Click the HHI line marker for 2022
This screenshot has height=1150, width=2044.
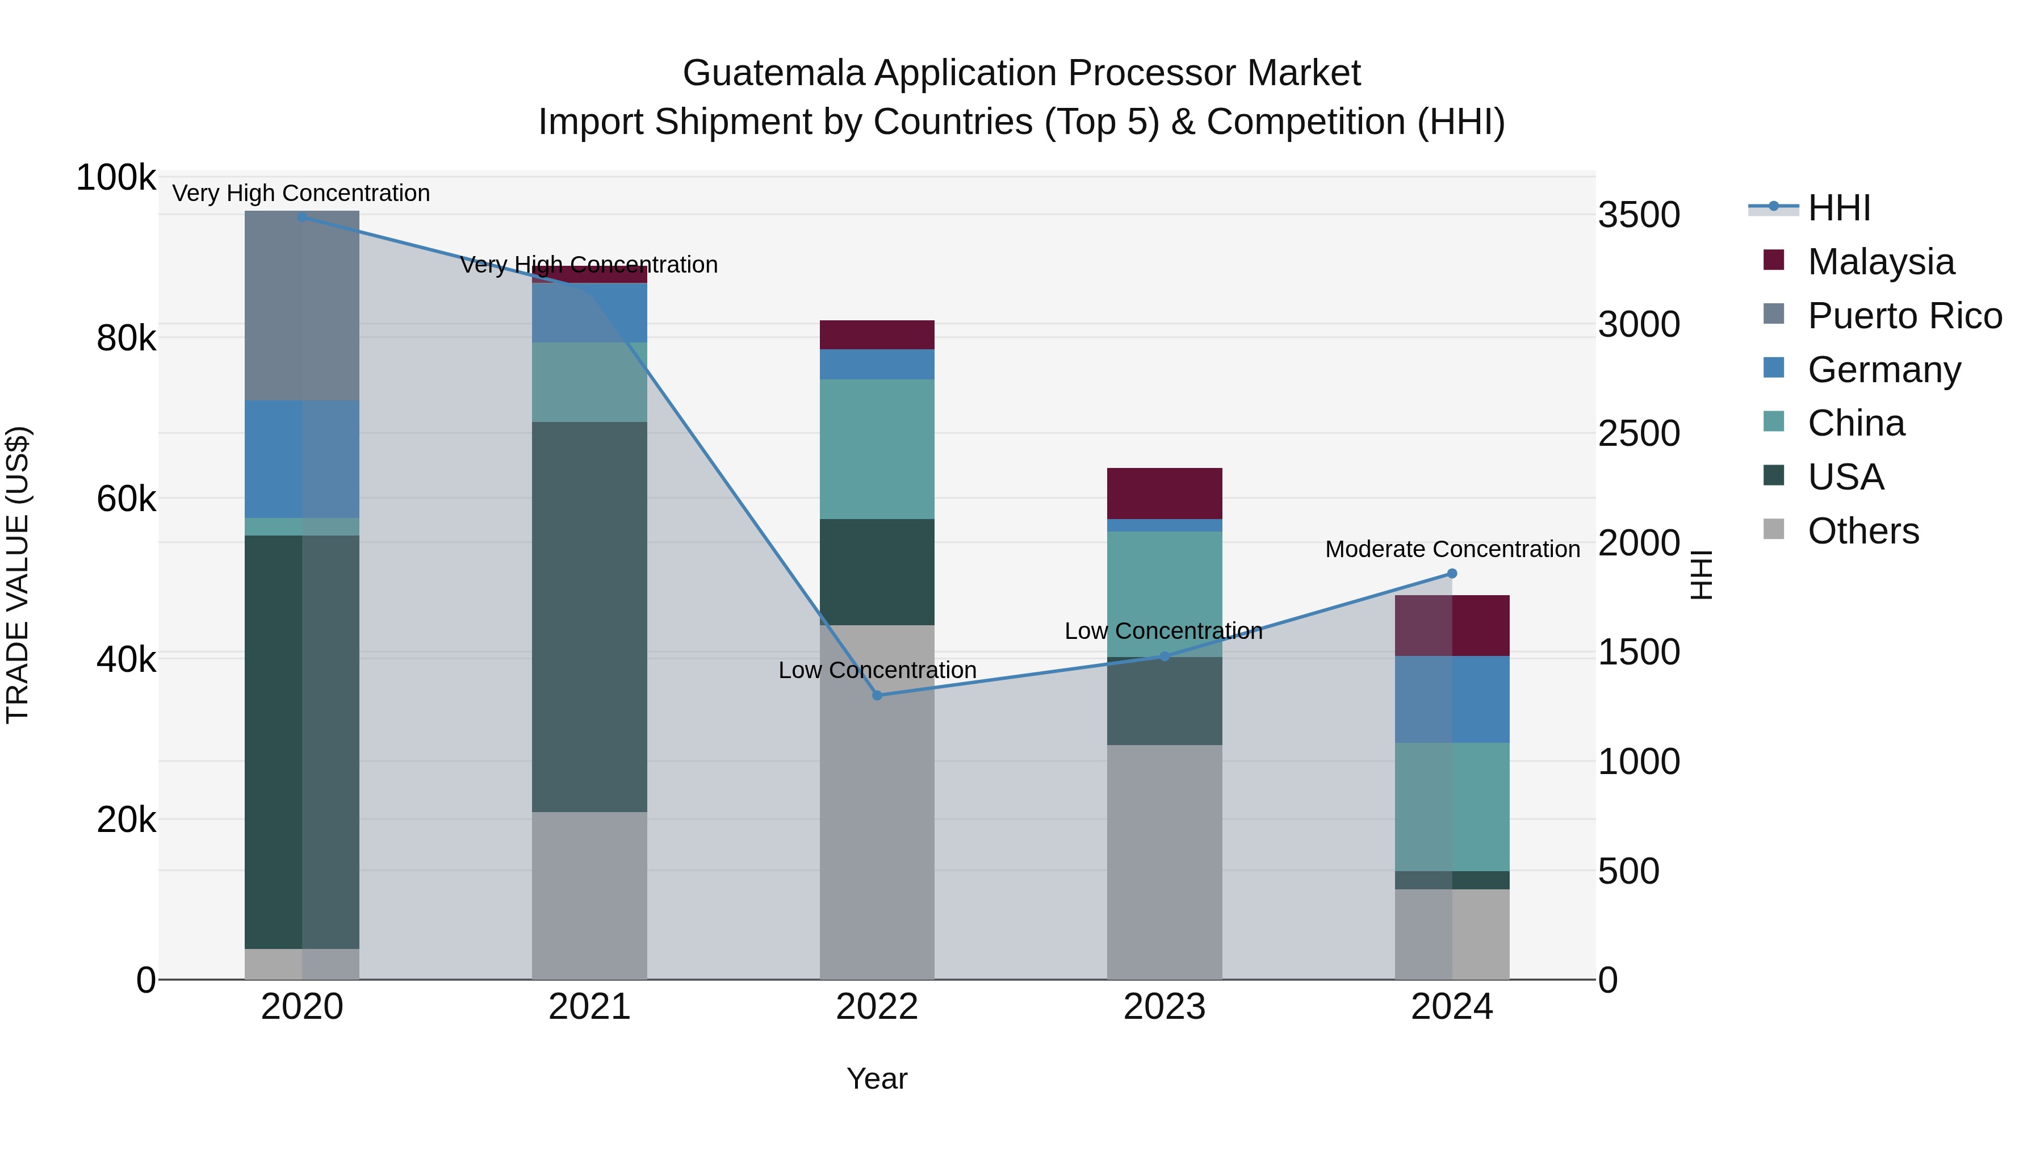tap(877, 695)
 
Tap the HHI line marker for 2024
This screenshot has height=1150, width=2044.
tap(1452, 573)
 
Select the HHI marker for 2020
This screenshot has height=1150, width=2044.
tap(302, 217)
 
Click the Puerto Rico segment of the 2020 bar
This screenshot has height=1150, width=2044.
tap(302, 306)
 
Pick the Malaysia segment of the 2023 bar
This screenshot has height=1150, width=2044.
tap(1164, 493)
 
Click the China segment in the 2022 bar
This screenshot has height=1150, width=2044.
tap(877, 449)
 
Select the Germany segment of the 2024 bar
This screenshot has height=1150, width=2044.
tap(1452, 699)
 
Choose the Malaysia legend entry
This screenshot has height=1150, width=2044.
tap(1880, 261)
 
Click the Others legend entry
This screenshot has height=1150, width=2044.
tap(1862, 530)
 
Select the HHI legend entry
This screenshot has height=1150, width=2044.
tap(1838, 208)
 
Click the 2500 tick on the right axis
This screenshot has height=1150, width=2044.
tap(1639, 434)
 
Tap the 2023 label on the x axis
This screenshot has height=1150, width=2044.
tap(1164, 1007)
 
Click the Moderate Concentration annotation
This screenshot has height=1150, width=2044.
tap(1452, 549)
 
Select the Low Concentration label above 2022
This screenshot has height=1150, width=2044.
tap(877, 670)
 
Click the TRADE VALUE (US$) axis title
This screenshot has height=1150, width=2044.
tap(18, 575)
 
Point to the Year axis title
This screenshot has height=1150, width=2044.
tap(877, 1078)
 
